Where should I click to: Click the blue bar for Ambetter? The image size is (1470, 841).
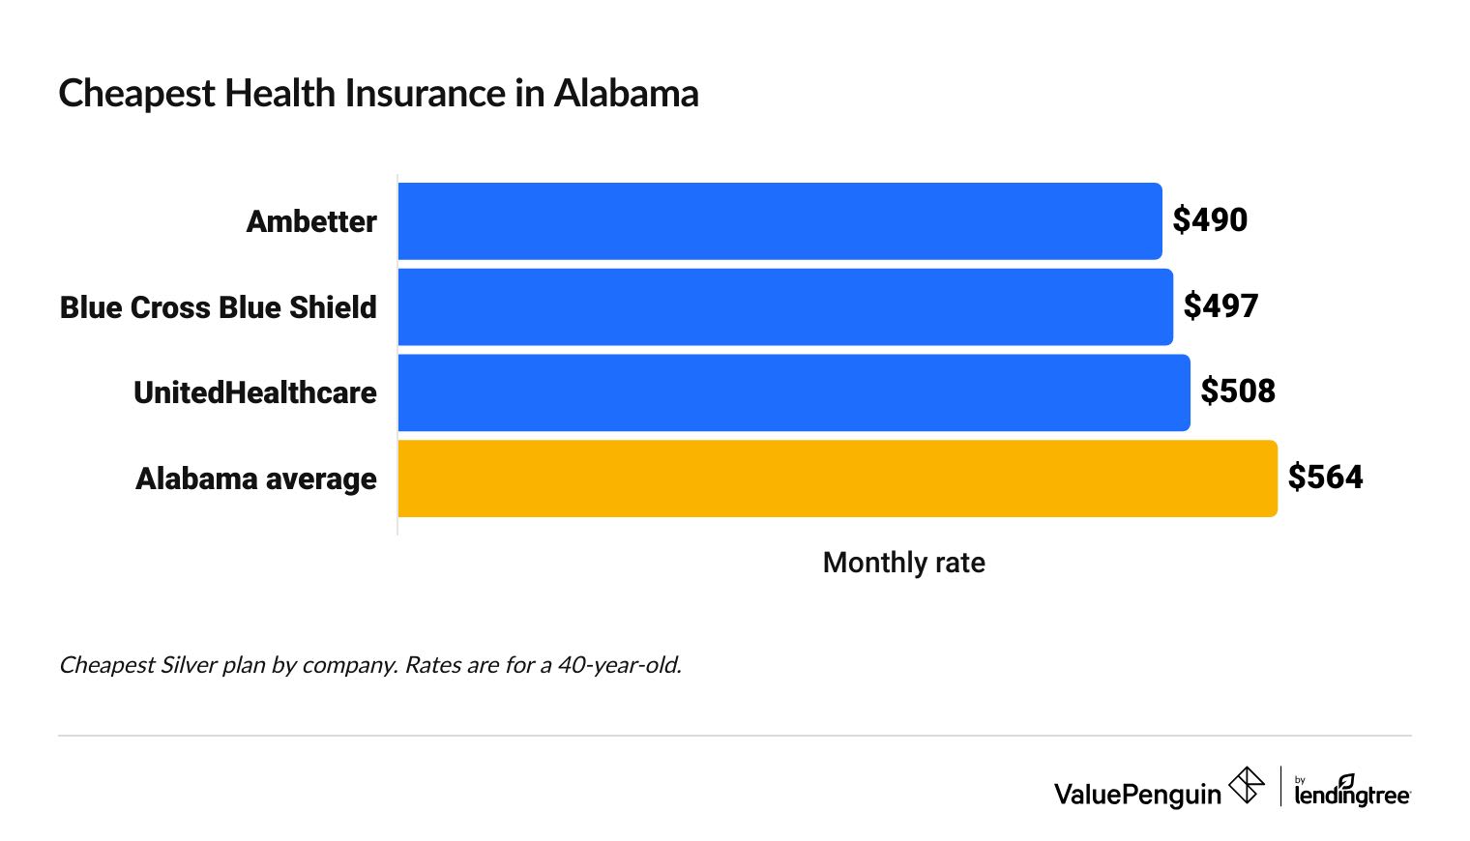coord(779,221)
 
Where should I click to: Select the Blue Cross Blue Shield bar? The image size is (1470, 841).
coord(784,306)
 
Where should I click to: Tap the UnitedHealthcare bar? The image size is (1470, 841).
coord(793,392)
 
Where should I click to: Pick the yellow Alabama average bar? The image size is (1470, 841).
coord(837,478)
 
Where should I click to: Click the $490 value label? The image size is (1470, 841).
coord(1210,220)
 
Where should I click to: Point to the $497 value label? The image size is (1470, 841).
coord(1220,306)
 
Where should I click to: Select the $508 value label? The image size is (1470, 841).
coord(1238,391)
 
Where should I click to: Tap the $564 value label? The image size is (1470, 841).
coord(1325,478)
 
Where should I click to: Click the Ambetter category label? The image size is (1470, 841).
coord(311,221)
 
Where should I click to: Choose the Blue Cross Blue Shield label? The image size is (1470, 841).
coord(219,307)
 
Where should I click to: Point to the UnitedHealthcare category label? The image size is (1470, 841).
coord(255,392)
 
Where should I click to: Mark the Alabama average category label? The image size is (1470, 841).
coord(256,478)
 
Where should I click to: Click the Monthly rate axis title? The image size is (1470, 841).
coord(903,563)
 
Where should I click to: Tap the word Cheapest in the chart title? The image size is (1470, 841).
coord(137,94)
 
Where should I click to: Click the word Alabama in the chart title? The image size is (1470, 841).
coord(626,94)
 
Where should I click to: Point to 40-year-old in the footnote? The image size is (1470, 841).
coord(619,665)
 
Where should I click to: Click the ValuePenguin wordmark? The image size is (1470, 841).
coord(1137,795)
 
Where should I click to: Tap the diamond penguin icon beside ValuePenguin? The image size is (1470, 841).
coord(1246,785)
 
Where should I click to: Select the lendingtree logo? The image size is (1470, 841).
coord(1351,792)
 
